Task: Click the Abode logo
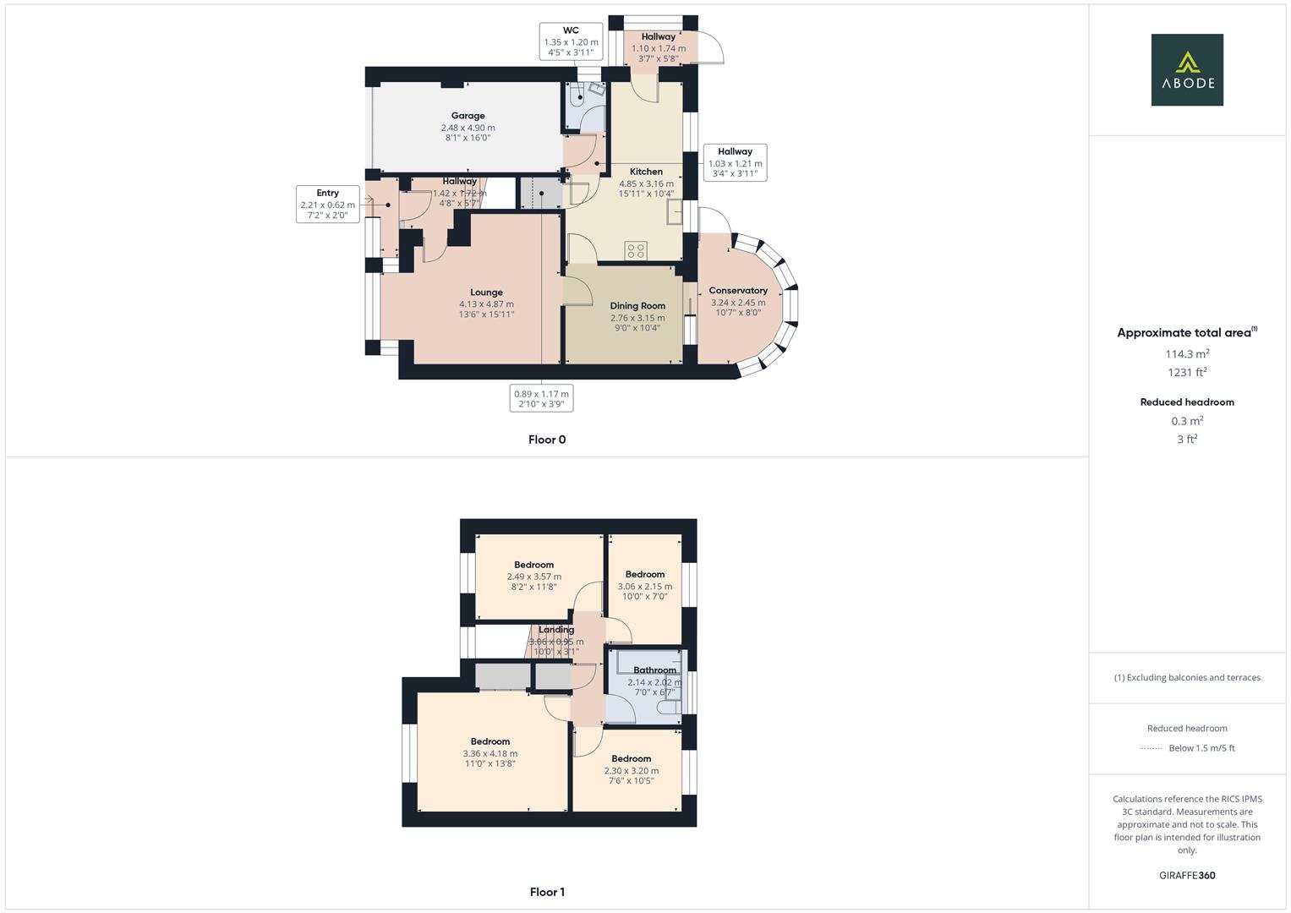(1187, 70)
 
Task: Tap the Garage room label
(468, 116)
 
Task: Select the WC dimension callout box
(571, 41)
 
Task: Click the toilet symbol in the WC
(579, 96)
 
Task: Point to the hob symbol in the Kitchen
(636, 250)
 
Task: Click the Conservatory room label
(737, 291)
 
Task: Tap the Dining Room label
(637, 306)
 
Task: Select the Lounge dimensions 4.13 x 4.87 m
(486, 304)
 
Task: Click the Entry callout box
(327, 204)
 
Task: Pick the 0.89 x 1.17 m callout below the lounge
(541, 398)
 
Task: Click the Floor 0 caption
(547, 440)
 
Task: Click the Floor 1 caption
(547, 892)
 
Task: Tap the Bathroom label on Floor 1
(654, 670)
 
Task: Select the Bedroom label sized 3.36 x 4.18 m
(490, 741)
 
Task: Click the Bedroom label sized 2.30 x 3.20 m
(632, 758)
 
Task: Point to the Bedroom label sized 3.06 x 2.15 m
(645, 575)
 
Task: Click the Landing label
(556, 630)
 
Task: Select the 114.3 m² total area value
(1187, 354)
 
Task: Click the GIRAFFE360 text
(1187, 876)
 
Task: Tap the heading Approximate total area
(1186, 333)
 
